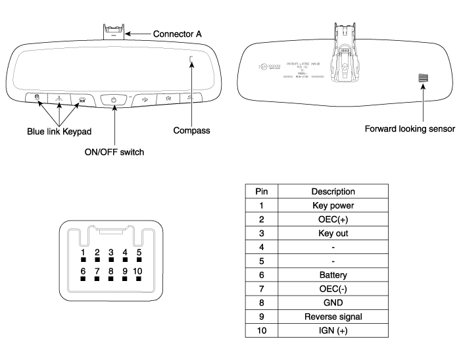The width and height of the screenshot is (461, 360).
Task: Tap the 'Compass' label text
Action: [191, 130]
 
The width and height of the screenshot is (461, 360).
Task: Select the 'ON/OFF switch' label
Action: [114, 152]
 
